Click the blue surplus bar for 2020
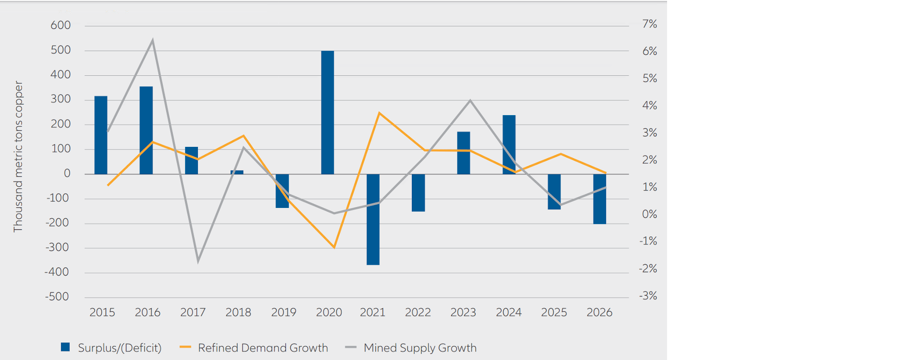(328, 112)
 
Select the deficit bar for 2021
(373, 219)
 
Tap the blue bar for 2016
(146, 130)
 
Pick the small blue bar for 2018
(237, 172)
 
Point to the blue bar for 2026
(600, 199)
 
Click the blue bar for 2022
(419, 193)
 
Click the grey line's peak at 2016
(152, 40)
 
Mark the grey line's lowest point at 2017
(198, 261)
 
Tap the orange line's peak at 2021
(380, 113)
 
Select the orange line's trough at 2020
(334, 247)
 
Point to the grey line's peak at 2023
(470, 100)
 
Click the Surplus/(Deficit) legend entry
(111, 348)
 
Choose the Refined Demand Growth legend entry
(254, 348)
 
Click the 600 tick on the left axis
(61, 25)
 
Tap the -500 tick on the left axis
(57, 297)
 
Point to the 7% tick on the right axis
(650, 24)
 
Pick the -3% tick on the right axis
(648, 296)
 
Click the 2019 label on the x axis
(284, 313)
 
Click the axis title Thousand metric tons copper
(18, 156)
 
